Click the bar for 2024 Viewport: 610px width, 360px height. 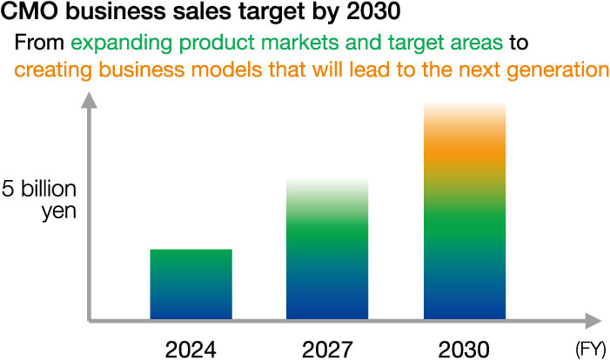[191, 284]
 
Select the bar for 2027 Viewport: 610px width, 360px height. [328, 252]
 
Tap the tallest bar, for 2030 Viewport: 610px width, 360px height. [465, 213]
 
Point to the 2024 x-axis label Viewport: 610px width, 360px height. [191, 349]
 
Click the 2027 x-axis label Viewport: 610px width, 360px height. [328, 349]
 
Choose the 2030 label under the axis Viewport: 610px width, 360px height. [465, 349]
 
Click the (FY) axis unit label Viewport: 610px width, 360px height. [590, 350]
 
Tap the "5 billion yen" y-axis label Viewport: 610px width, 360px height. [40, 199]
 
